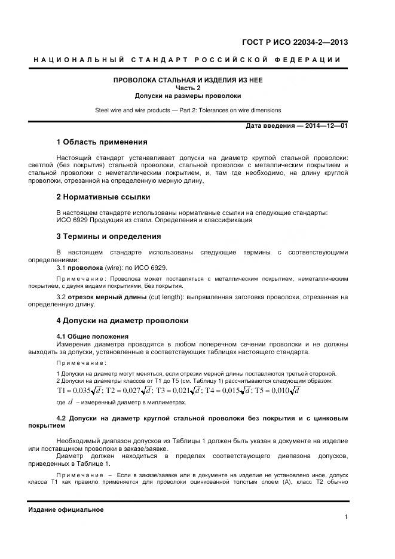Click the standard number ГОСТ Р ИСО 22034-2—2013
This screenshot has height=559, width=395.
tap(295, 42)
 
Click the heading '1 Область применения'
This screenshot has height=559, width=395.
tap(101, 142)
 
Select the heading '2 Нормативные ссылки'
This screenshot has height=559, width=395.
tap(103, 196)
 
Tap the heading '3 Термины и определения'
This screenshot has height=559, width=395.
tap(108, 236)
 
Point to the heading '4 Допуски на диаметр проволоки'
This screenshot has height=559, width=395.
tap(122, 321)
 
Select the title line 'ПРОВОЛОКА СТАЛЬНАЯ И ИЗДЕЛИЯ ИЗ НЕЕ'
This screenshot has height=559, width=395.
tap(188, 80)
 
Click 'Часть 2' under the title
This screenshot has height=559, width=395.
tap(188, 88)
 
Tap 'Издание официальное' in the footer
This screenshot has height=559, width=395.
tap(66, 509)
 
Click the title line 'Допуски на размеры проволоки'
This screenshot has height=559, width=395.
tap(188, 96)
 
